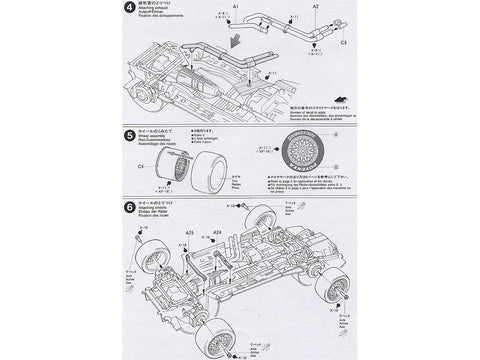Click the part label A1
click(237, 8)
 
